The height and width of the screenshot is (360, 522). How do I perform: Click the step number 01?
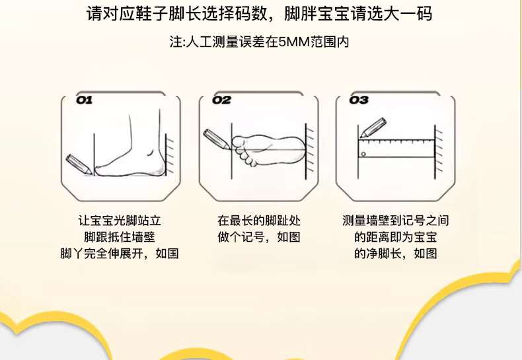[x=84, y=100]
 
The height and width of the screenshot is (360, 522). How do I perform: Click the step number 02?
[x=222, y=100]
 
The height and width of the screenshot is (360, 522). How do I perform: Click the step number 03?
[x=359, y=100]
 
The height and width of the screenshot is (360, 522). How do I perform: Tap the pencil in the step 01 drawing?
[x=79, y=164]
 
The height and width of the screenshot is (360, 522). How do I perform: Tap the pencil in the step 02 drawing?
[x=216, y=139]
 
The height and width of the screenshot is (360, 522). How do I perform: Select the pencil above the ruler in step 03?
[x=373, y=127]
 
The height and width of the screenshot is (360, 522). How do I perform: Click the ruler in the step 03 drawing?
[x=396, y=149]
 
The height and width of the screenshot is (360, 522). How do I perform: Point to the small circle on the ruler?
[x=363, y=154]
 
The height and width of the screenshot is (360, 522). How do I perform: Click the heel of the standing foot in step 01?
[x=160, y=166]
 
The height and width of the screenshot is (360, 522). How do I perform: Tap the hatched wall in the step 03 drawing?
[x=439, y=151]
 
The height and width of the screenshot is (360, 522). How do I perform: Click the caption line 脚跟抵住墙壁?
[x=120, y=237]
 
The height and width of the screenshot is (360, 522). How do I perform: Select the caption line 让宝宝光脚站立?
[x=120, y=221]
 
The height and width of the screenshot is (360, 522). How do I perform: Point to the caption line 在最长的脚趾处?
[x=259, y=221]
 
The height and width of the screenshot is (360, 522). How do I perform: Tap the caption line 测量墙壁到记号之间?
[x=396, y=221]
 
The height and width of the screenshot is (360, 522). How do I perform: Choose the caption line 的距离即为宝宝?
[x=396, y=237]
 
